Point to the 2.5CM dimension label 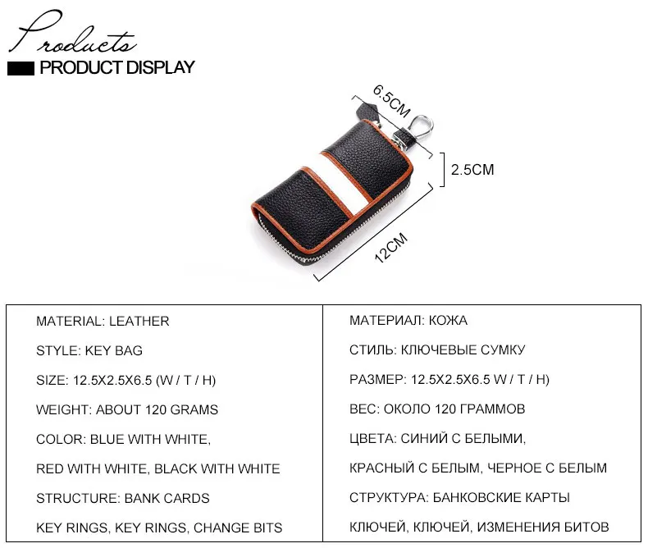(x=472, y=170)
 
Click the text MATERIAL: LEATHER (x=103, y=321)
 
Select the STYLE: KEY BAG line (x=89, y=350)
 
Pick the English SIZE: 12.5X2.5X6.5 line (x=126, y=380)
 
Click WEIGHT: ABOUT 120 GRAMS (x=127, y=409)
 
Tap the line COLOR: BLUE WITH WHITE (x=124, y=439)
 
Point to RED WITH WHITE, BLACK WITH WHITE (x=158, y=468)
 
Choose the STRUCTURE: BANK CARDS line (x=123, y=498)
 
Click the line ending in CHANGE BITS (x=159, y=527)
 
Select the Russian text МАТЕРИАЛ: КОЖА (x=408, y=321)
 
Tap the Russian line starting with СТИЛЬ (x=437, y=350)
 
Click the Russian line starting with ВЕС (x=437, y=409)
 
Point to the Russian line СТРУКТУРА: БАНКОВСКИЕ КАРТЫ (x=459, y=498)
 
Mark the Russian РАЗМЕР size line (x=449, y=380)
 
